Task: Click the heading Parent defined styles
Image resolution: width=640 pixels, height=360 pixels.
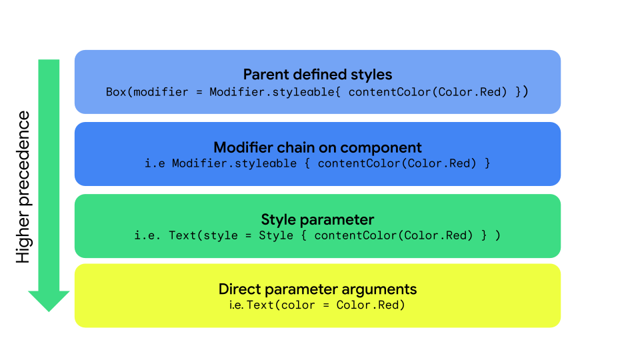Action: point(317,74)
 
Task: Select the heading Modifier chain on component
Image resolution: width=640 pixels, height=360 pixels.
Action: point(317,147)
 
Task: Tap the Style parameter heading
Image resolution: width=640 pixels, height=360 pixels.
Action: point(317,219)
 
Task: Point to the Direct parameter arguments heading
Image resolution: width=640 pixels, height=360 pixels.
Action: point(317,289)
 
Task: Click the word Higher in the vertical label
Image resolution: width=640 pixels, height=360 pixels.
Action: point(23,236)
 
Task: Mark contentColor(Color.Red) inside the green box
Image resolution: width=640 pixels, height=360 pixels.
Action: point(393,235)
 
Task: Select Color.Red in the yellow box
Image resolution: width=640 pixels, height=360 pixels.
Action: point(371,305)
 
